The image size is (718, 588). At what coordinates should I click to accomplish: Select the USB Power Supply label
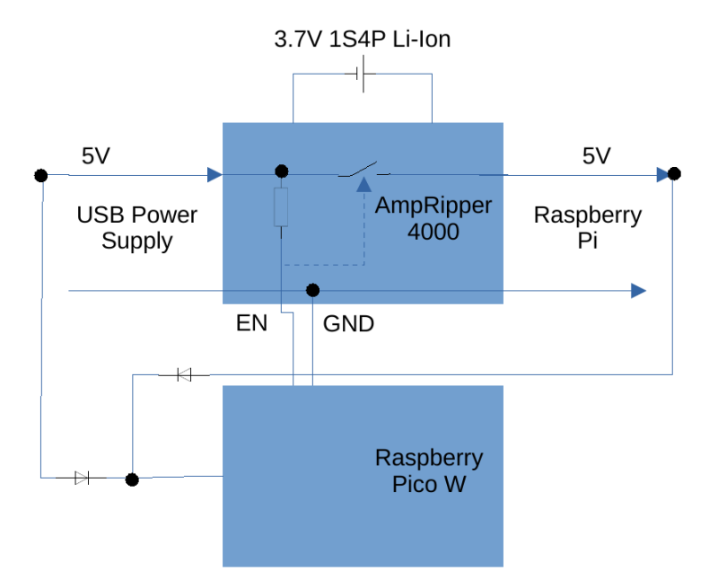(136, 228)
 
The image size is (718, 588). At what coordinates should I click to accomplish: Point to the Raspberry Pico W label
(429, 471)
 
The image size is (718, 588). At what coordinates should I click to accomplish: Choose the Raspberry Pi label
(587, 228)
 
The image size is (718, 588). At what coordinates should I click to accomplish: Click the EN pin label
(251, 323)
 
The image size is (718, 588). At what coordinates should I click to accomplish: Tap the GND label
(348, 323)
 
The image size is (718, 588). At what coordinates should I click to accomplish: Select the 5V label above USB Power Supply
(96, 156)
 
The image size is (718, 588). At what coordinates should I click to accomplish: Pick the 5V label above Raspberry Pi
(596, 156)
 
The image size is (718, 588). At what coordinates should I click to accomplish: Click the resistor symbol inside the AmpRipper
(281, 207)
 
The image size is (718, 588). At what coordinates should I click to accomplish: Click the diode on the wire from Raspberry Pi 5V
(184, 374)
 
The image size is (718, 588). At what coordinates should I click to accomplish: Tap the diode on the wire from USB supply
(83, 478)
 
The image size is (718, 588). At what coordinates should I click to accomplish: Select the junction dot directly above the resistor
(281, 171)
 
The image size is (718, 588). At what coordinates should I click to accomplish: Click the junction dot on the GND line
(312, 290)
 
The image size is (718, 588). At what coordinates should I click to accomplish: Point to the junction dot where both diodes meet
(132, 479)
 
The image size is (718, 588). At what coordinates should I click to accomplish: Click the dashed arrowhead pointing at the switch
(363, 185)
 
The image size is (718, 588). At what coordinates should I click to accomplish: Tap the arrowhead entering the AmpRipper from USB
(215, 174)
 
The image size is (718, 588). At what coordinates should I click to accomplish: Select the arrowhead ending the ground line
(638, 290)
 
